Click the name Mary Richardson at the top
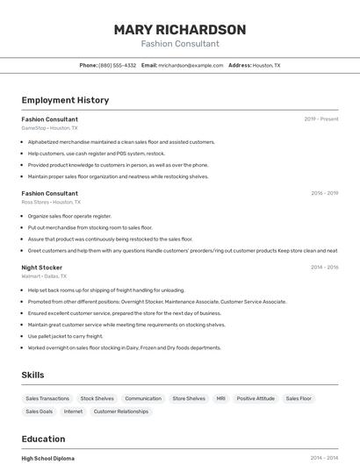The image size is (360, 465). pos(180,29)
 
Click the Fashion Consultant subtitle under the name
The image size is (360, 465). pos(180,44)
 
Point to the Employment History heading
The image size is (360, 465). pos(65,100)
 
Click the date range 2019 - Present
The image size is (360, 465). pos(321,119)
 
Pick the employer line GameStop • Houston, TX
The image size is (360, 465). pos(49,128)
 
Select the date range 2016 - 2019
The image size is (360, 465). pos(324,193)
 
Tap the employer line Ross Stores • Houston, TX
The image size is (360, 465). pos(51,202)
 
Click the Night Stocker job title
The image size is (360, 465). pos(42,267)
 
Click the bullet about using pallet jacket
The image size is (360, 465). pos(65,336)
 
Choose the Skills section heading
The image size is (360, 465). pos(33,375)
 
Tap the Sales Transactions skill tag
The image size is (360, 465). pos(47,398)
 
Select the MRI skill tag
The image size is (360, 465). pos(220,398)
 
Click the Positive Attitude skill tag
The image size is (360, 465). pos(256,398)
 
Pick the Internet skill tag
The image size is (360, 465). pos(73,411)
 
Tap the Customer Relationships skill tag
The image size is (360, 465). pos(121,411)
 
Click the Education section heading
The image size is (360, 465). pos(43,439)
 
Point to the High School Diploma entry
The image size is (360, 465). pos(47,458)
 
